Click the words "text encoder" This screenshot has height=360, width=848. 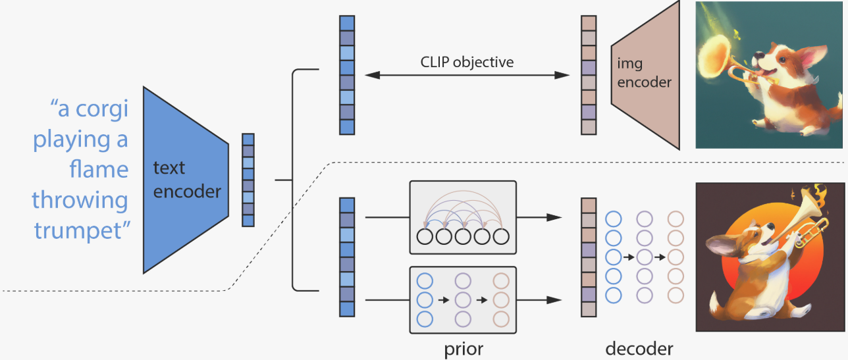point(186,180)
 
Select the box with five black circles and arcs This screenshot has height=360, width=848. point(463,217)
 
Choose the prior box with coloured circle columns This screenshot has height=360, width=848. point(463,299)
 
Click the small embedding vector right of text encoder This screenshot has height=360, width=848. point(248,180)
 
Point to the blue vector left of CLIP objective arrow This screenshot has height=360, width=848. point(347,75)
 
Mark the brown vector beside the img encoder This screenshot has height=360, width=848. point(589,75)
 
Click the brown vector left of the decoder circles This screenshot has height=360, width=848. point(589,257)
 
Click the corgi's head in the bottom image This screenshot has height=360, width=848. point(756,233)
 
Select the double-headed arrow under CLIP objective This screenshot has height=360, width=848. point(467,75)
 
